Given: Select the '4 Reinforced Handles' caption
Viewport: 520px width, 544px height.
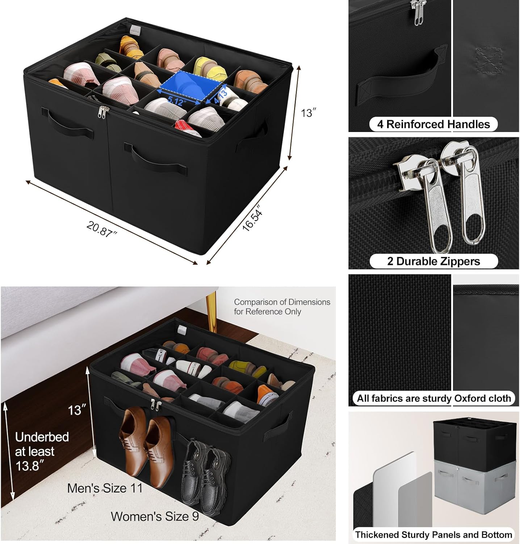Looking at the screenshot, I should point(433,124).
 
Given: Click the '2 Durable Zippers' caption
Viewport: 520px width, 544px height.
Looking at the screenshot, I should point(433,261).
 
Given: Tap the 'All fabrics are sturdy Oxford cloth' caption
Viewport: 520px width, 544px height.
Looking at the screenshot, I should point(433,398).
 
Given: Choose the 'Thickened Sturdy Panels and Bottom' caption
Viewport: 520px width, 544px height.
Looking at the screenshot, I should point(433,535).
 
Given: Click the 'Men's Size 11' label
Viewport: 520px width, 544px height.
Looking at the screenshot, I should point(105,488).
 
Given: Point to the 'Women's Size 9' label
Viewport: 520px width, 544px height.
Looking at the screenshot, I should point(155,516).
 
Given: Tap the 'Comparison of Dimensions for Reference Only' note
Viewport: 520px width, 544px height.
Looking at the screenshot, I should point(282,307).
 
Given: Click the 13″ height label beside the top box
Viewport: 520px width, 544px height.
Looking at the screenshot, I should point(306,113).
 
